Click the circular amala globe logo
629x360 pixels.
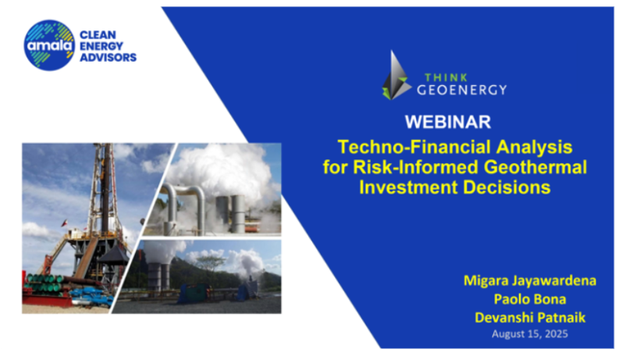(x=49, y=45)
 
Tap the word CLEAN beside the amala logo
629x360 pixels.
(x=98, y=35)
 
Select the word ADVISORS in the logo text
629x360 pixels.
(x=108, y=57)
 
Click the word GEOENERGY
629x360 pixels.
(x=462, y=90)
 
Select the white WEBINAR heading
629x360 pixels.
(x=448, y=122)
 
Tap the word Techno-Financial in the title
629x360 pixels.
(x=414, y=147)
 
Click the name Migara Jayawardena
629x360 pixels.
(x=530, y=280)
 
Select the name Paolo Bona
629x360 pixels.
(x=530, y=299)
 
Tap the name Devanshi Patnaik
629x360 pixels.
(x=530, y=318)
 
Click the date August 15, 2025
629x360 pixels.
(x=530, y=334)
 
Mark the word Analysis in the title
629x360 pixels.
(x=535, y=147)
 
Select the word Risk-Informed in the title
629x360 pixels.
(x=416, y=167)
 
